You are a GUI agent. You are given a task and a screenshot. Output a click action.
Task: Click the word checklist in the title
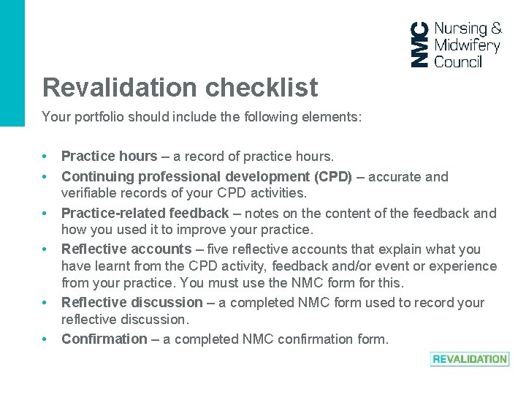pyautogui.click(x=261, y=88)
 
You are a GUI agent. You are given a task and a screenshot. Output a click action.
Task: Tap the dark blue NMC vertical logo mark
pyautogui.click(x=420, y=45)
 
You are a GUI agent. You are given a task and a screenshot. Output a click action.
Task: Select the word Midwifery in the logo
pyautogui.click(x=467, y=45)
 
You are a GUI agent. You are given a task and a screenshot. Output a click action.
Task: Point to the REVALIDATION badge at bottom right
pyautogui.click(x=470, y=359)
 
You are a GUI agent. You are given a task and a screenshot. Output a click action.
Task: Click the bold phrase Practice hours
pyautogui.click(x=109, y=156)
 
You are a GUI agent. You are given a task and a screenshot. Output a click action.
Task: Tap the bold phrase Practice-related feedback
pyautogui.click(x=145, y=213)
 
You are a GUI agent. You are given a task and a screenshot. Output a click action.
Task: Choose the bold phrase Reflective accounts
pyautogui.click(x=126, y=249)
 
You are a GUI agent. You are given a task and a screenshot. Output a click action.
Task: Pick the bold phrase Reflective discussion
pyautogui.click(x=132, y=302)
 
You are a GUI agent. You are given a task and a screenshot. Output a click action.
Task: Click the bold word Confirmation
pyautogui.click(x=104, y=339)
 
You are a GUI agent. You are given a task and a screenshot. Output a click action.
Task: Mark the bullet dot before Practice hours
pyautogui.click(x=45, y=157)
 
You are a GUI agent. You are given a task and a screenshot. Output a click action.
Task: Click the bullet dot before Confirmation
pyautogui.click(x=45, y=339)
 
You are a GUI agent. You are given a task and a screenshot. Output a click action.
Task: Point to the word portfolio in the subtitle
pyautogui.click(x=94, y=117)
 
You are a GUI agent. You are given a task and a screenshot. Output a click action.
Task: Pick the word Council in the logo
pyautogui.click(x=458, y=62)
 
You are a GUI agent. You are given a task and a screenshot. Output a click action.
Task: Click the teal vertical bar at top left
pyautogui.click(x=12, y=63)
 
